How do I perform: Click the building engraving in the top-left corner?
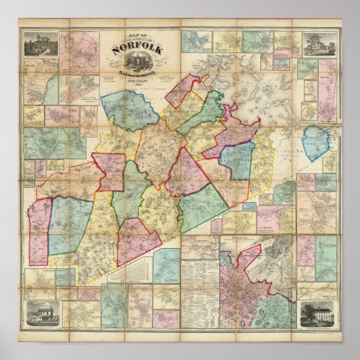(40, 44)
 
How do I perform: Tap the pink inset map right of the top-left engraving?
(72, 53)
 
